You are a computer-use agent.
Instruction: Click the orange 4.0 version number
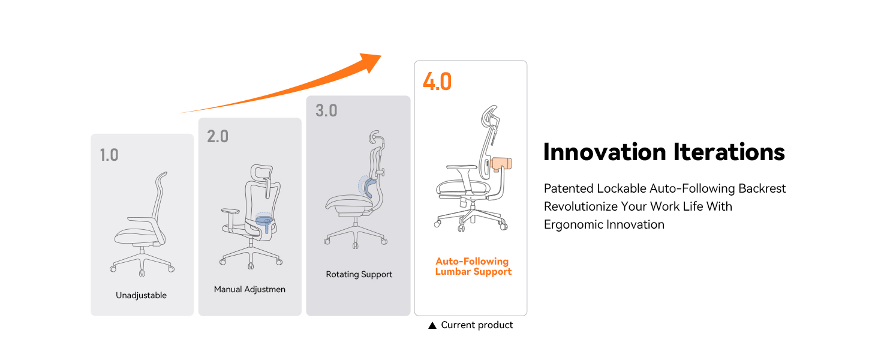(x=437, y=82)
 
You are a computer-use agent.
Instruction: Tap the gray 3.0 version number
(x=326, y=111)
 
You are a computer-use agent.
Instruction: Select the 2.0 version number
(x=218, y=137)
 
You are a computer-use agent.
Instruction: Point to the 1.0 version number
(x=109, y=155)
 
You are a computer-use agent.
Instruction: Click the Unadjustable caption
(x=141, y=295)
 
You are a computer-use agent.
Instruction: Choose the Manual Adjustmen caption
(x=249, y=289)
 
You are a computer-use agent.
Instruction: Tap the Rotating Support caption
(x=359, y=274)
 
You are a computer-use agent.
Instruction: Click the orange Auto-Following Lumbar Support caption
(x=473, y=266)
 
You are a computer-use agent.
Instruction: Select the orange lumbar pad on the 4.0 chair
(x=501, y=163)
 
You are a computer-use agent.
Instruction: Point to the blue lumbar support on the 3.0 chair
(x=367, y=188)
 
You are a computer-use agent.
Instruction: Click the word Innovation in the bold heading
(x=605, y=152)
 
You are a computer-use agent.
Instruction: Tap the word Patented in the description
(x=568, y=188)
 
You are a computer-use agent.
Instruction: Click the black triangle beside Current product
(x=432, y=325)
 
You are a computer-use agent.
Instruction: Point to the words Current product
(x=477, y=325)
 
